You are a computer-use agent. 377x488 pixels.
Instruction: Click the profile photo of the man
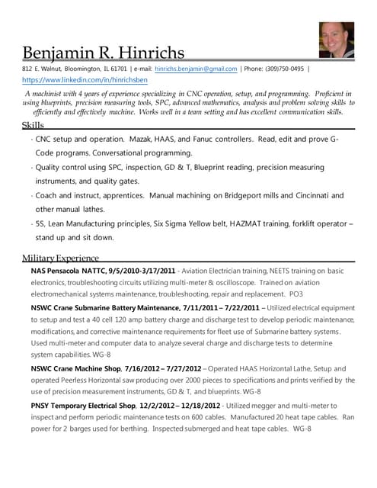pyautogui.click(x=337, y=40)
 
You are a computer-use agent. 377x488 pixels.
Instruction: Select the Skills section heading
pyautogui.click(x=33, y=124)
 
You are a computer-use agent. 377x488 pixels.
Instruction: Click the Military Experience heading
pyautogui.click(x=60, y=258)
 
